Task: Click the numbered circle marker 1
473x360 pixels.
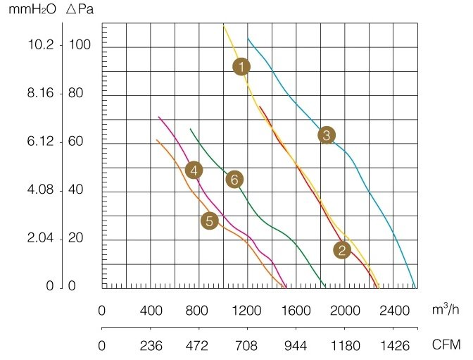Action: [x=241, y=67]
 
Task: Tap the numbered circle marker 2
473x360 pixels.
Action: [x=342, y=249]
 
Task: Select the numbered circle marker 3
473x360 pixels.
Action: [x=325, y=135]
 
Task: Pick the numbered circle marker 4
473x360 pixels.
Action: [x=194, y=170]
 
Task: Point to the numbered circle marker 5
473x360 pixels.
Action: [x=208, y=221]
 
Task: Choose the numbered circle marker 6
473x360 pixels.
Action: [x=234, y=179]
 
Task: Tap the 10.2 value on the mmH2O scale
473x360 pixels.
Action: [x=41, y=45]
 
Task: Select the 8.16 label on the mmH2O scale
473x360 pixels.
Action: [x=41, y=94]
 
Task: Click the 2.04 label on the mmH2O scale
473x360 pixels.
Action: [x=41, y=239]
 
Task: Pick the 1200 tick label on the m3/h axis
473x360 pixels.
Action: [x=248, y=311]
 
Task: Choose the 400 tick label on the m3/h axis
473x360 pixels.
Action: [x=151, y=311]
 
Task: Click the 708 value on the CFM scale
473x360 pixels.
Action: [x=248, y=345]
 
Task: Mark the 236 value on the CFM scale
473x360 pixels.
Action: [x=151, y=345]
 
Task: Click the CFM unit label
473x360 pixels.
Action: [x=446, y=345]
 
